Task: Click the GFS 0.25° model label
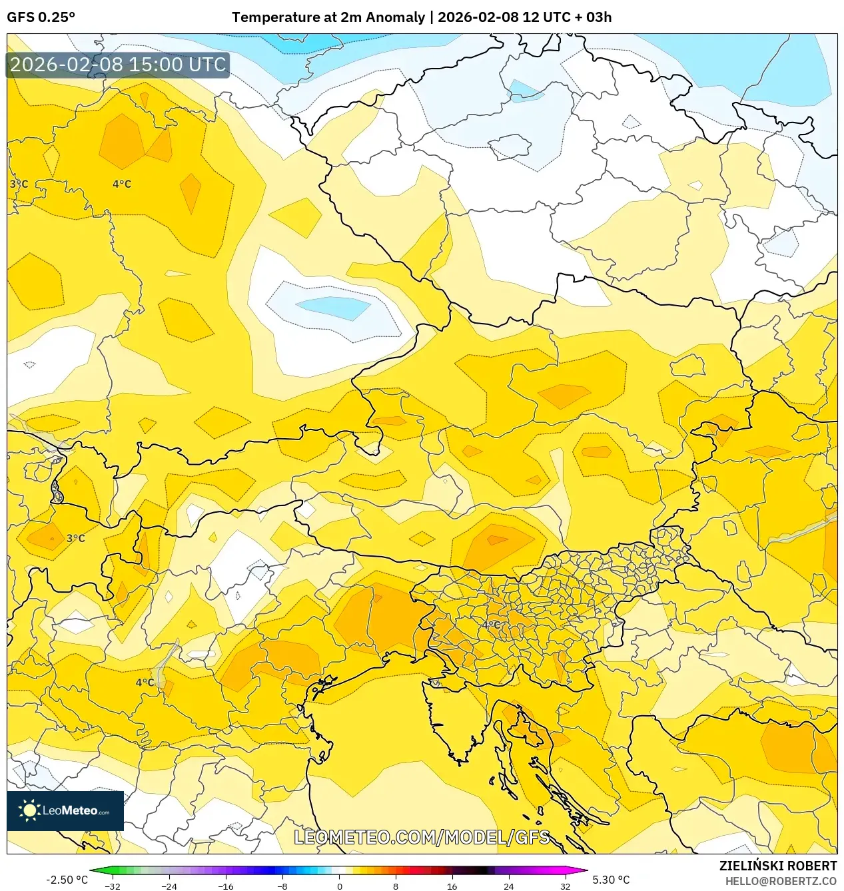click(x=41, y=17)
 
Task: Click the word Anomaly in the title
click(x=393, y=17)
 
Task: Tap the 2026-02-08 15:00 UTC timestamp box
click(x=118, y=65)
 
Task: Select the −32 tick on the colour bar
click(x=113, y=886)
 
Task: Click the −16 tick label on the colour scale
click(x=226, y=886)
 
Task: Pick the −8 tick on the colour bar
click(x=282, y=886)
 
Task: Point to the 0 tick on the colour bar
click(x=339, y=886)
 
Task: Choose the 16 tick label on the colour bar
click(x=452, y=886)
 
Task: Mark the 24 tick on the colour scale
click(x=508, y=886)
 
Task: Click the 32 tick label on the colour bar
click(x=565, y=886)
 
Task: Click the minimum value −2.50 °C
click(x=67, y=880)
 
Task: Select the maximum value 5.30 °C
click(x=611, y=880)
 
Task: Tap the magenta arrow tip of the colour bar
click(x=584, y=870)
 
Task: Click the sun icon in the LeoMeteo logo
click(x=29, y=810)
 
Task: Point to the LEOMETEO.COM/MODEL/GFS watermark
click(x=422, y=837)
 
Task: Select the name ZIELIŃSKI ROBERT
click(x=777, y=866)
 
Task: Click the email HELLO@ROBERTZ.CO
click(x=781, y=881)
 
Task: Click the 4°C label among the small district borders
click(x=492, y=625)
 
